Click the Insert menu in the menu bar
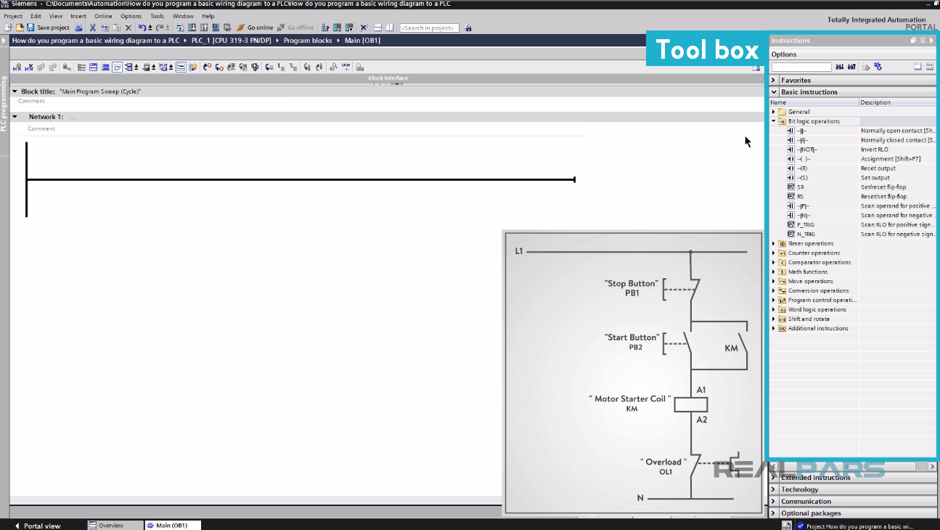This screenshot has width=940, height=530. click(x=78, y=16)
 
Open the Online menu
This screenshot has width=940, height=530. click(x=103, y=16)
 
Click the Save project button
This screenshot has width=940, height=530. click(x=49, y=28)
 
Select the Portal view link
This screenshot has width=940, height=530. click(x=42, y=526)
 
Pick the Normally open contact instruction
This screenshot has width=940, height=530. click(x=802, y=131)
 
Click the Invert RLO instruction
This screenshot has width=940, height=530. click(x=807, y=150)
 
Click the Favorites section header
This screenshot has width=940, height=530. click(x=796, y=81)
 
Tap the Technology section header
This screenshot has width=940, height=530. click(x=799, y=490)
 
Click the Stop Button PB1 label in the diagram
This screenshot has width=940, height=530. click(x=632, y=288)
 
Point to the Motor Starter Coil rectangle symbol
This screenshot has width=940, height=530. click(x=690, y=405)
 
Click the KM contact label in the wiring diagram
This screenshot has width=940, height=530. click(x=731, y=348)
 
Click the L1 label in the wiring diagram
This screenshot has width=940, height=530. click(x=519, y=251)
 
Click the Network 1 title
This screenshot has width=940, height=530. click(x=46, y=117)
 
